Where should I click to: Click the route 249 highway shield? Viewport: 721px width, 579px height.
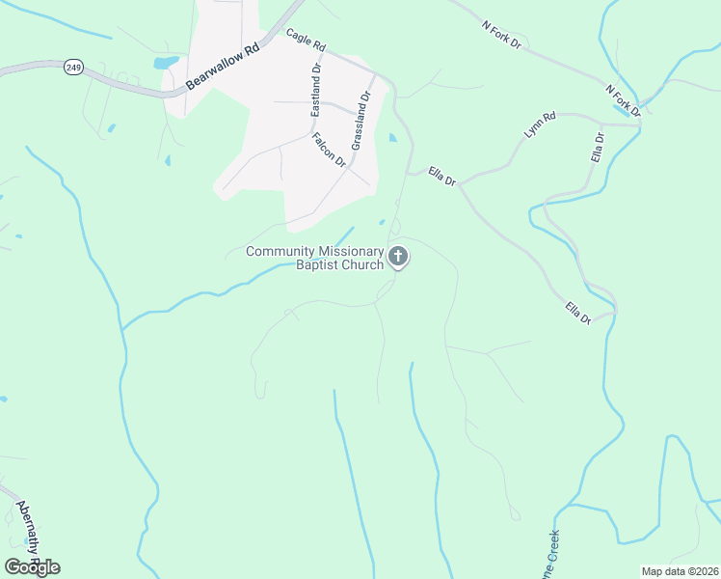pos(73,67)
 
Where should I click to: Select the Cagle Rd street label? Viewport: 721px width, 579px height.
pos(306,39)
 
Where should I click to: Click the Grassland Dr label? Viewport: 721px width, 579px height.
pos(360,120)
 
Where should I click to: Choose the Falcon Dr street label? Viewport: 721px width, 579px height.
pos(329,150)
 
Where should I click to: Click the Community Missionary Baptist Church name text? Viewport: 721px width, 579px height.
pos(315,258)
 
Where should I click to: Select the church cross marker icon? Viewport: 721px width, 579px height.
pos(398,258)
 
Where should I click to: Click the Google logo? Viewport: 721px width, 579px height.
pos(32,566)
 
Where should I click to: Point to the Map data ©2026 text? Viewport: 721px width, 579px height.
pos(680,571)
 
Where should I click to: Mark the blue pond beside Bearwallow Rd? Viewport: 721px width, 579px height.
pos(166,63)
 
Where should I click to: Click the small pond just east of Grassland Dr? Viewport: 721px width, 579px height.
pos(391,138)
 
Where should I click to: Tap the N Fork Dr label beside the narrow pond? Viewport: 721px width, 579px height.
pos(623,98)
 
